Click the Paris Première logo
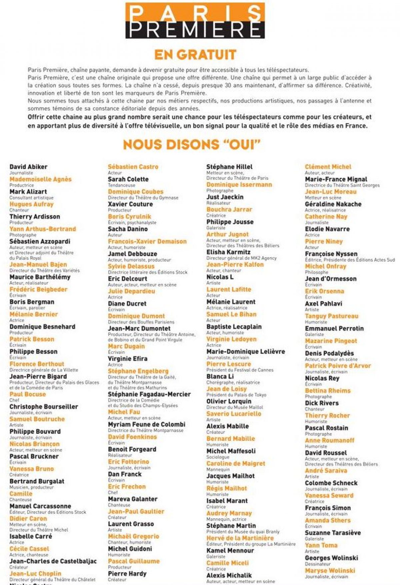click(195, 21)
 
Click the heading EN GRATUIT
click(195, 55)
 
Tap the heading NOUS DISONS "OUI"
click(191, 144)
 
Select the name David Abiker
click(28, 167)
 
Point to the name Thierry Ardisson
click(35, 217)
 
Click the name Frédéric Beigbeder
click(38, 289)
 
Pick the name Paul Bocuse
click(28, 394)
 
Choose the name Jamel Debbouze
click(132, 254)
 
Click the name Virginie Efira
click(127, 359)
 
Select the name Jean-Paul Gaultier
click(136, 512)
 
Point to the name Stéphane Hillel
click(229, 167)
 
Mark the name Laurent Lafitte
click(229, 289)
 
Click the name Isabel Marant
click(227, 501)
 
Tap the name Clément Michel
click(328, 167)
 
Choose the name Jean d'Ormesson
click(331, 279)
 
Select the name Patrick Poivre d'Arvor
click(338, 366)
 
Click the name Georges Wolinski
click(331, 558)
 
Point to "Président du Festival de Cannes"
click(240, 370)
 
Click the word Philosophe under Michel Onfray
click(316, 272)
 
